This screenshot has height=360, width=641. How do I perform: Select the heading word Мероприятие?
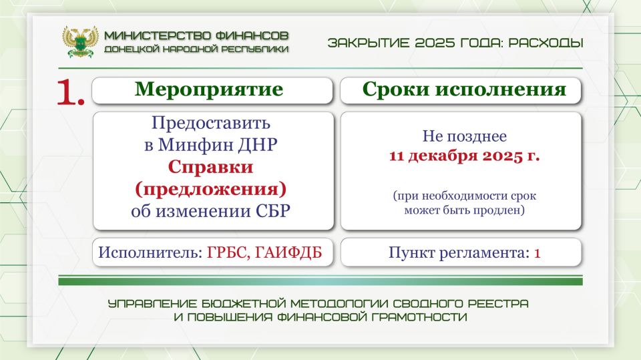209,90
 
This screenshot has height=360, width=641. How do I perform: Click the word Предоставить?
212,124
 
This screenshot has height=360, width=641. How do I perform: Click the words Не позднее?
464,137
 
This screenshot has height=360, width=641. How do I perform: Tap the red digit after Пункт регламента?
536,253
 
